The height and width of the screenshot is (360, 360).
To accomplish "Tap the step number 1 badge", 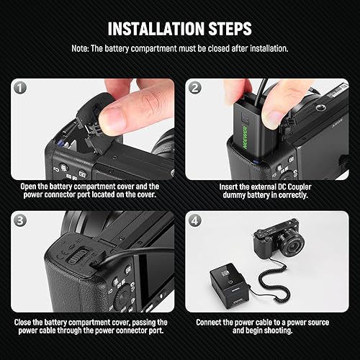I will [x=20, y=87].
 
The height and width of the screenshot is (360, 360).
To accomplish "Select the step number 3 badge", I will [x=20, y=220].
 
